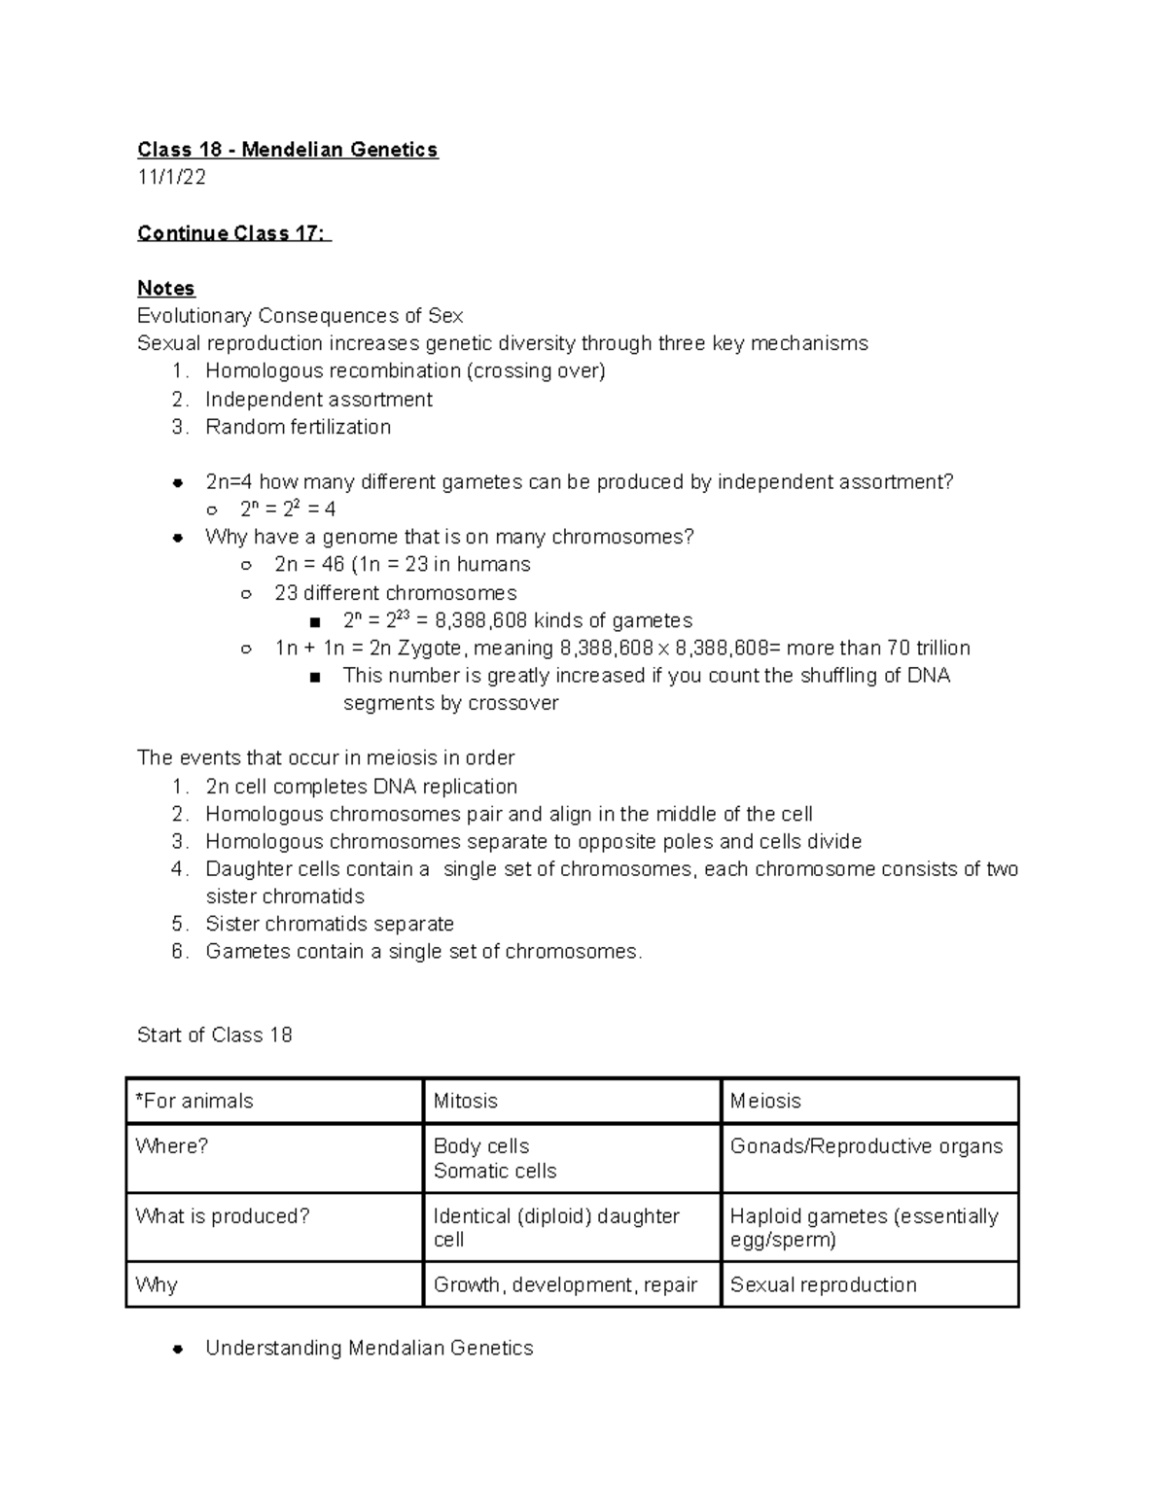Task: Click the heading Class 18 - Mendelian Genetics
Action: (x=287, y=150)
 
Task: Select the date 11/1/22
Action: (x=171, y=177)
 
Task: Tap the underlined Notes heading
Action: (x=165, y=288)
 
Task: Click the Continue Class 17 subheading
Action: (x=232, y=233)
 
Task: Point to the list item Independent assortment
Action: (x=318, y=400)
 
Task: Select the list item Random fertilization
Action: (x=298, y=427)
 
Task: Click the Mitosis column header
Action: (x=465, y=1101)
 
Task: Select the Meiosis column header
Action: (x=765, y=1101)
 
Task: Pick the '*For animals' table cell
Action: (x=194, y=1101)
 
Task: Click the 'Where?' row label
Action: (x=172, y=1146)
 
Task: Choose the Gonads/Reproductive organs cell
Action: (x=866, y=1146)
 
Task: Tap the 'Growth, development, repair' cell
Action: (x=565, y=1284)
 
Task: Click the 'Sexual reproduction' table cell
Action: (x=823, y=1284)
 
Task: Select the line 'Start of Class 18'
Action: (x=214, y=1035)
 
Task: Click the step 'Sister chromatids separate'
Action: (x=330, y=924)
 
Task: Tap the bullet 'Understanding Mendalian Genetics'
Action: (x=369, y=1348)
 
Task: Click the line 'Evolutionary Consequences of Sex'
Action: (x=300, y=316)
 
